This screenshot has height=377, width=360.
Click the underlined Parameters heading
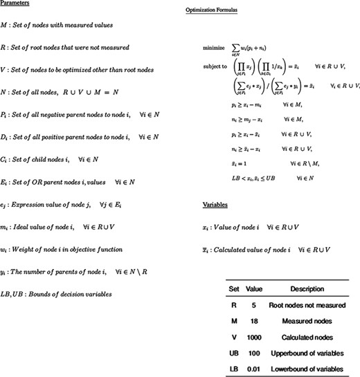pos(17,4)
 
